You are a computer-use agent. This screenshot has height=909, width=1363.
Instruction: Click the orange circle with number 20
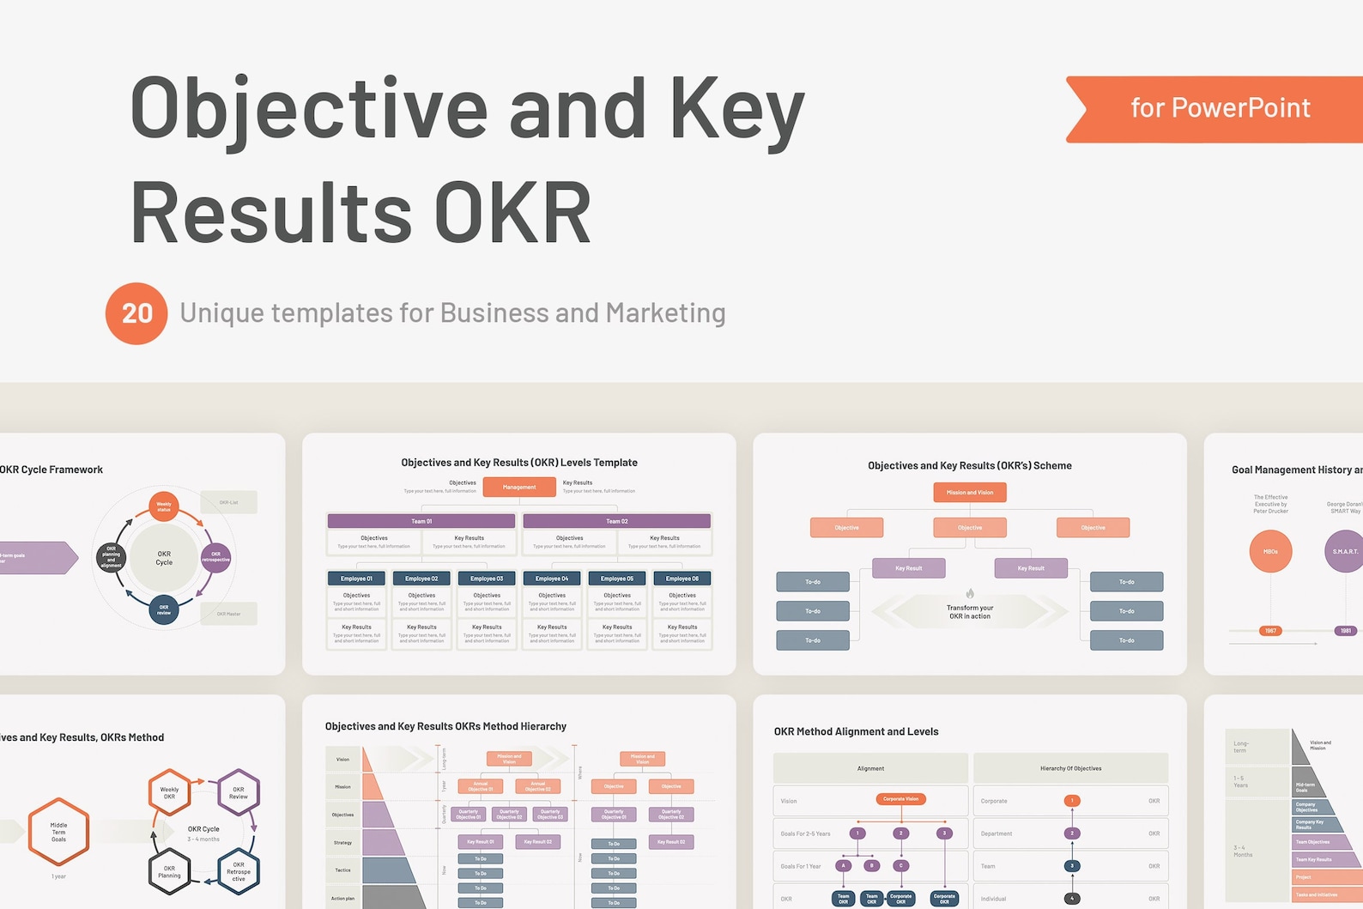136,313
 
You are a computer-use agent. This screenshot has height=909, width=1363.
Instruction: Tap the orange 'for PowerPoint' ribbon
1219,108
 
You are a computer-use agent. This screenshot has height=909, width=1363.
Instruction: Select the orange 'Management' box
519,488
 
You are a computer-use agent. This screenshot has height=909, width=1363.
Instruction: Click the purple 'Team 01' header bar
421,521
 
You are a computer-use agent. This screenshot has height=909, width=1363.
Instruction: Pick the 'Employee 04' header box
552,579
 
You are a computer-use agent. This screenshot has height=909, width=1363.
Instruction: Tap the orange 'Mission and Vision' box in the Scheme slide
970,493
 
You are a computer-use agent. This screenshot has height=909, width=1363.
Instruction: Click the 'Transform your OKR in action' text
970,612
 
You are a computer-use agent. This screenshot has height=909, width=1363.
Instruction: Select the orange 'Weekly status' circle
164,506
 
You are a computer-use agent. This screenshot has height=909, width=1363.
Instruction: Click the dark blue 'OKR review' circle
164,610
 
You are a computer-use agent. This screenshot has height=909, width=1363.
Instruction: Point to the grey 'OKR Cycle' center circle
164,558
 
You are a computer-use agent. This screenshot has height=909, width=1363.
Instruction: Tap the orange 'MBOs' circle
1270,552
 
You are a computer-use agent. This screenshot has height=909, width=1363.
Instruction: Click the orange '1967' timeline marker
1270,631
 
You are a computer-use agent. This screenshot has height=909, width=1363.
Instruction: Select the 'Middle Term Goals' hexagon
58,832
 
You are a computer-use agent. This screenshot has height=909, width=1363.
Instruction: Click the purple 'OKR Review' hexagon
239,792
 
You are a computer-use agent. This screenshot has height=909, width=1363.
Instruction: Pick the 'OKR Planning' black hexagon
169,872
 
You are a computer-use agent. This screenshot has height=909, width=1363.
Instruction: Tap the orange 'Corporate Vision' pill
900,799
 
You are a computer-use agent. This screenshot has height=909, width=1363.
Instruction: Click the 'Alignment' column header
870,768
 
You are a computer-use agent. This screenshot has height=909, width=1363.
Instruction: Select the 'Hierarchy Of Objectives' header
1070,768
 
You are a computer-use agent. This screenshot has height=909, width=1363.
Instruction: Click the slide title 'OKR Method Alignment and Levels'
856,731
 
